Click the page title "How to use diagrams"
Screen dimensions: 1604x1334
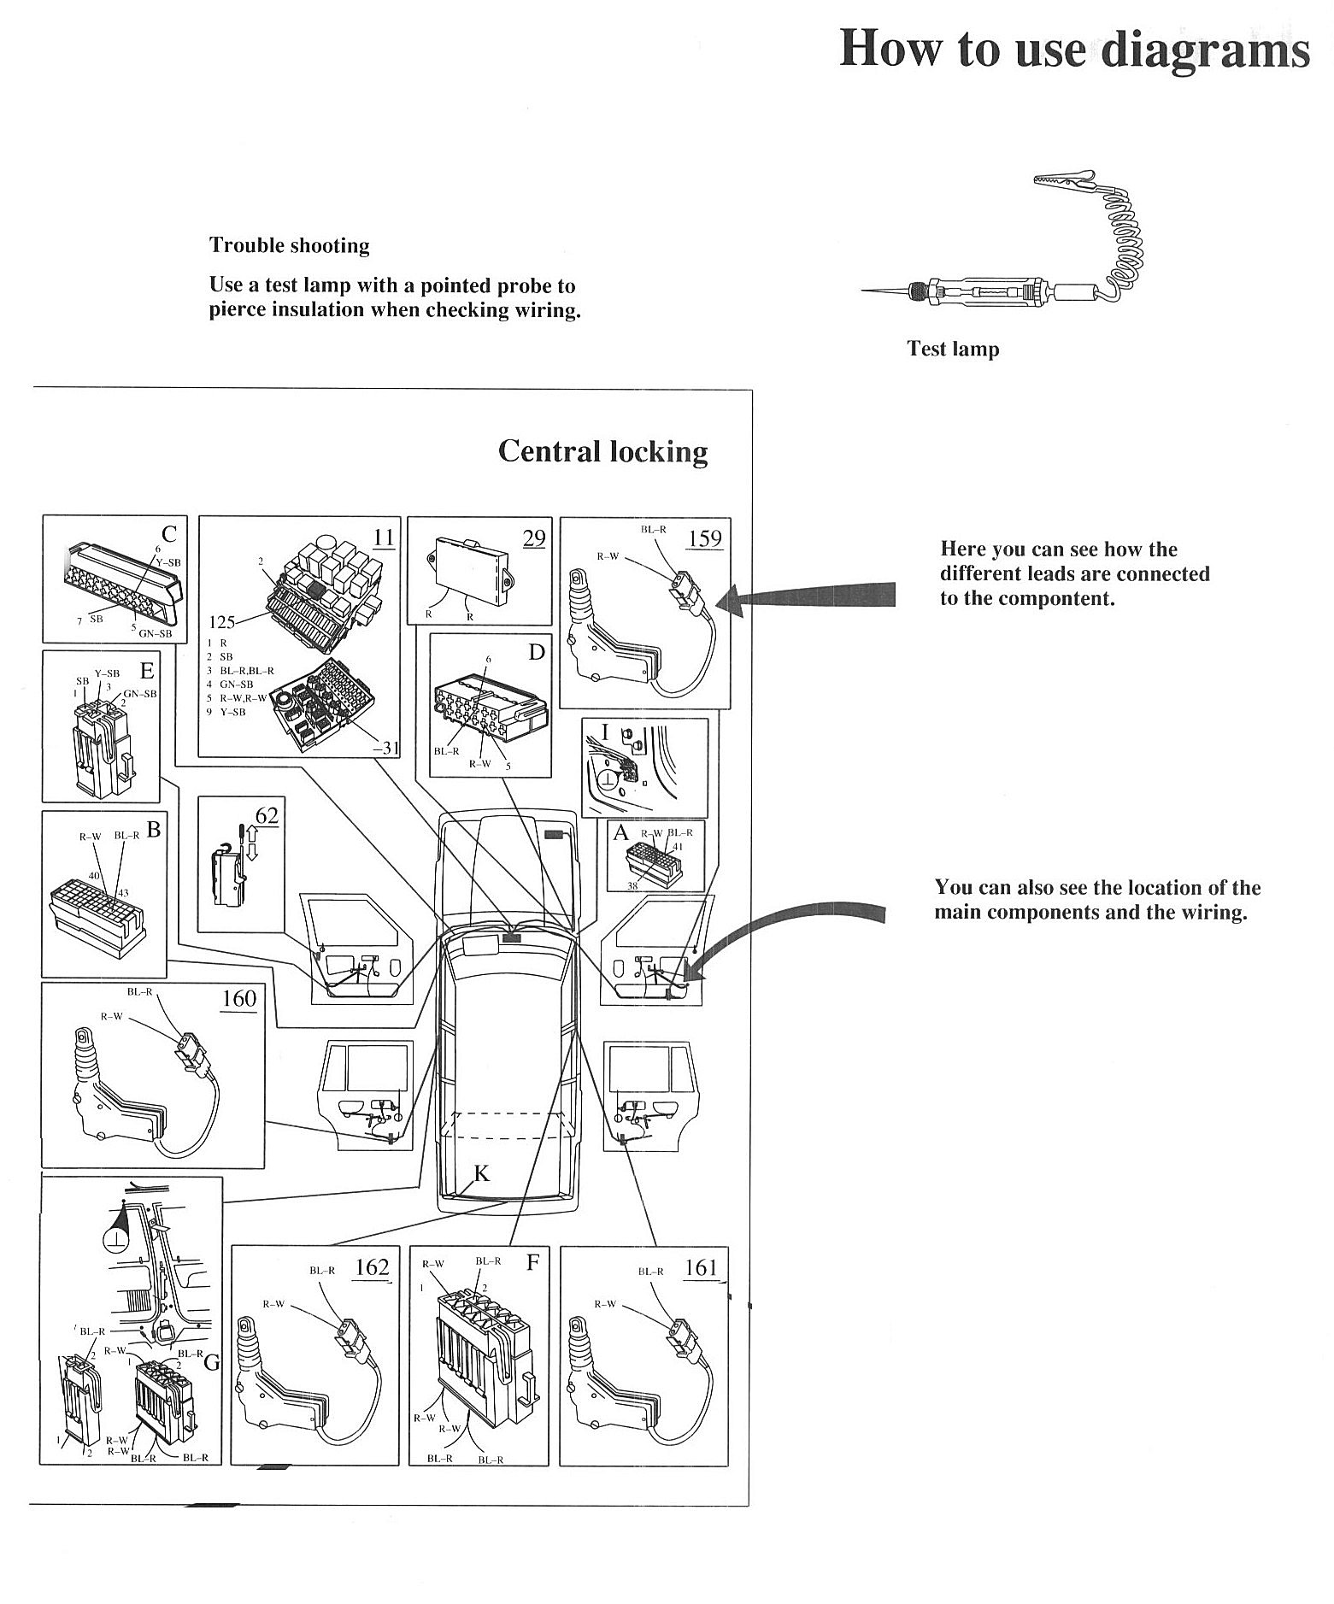coord(1073,48)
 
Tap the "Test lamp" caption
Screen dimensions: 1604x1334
coord(953,349)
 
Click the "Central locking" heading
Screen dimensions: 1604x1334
coord(602,450)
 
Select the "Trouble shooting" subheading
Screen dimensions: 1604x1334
coord(290,245)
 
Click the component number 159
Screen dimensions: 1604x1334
coord(705,538)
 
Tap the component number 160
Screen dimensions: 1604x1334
coord(238,998)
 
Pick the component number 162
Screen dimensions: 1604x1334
coord(372,1266)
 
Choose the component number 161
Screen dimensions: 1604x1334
coord(701,1266)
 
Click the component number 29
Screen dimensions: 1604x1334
coord(534,538)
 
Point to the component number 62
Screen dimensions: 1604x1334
coord(267,815)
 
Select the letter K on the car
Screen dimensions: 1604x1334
coord(482,1173)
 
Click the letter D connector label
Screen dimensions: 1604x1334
coord(536,652)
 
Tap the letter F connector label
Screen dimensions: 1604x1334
coord(532,1262)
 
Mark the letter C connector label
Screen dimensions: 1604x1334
coord(169,534)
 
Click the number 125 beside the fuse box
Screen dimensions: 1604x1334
coord(222,621)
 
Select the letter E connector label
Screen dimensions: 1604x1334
coord(146,672)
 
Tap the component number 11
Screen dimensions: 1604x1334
coord(385,538)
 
